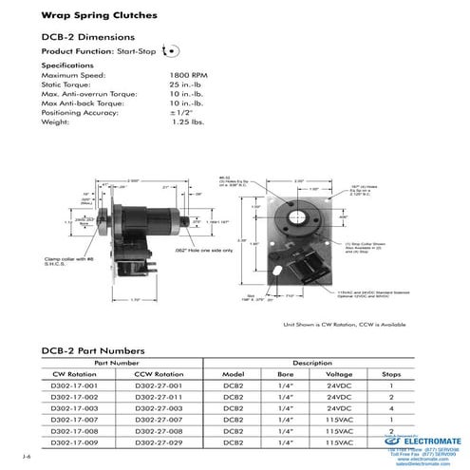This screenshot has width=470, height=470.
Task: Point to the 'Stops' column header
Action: (389, 373)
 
